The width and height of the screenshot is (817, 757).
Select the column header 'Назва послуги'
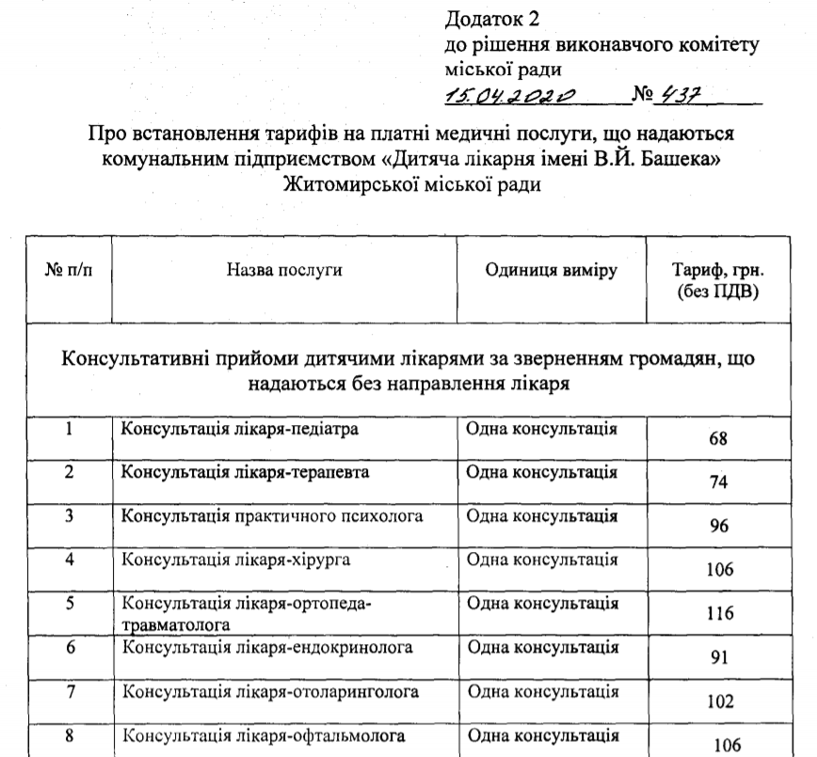coord(283,271)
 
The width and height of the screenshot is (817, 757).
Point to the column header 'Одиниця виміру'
coord(552,271)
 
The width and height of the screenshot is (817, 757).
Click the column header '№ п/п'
coord(70,271)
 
